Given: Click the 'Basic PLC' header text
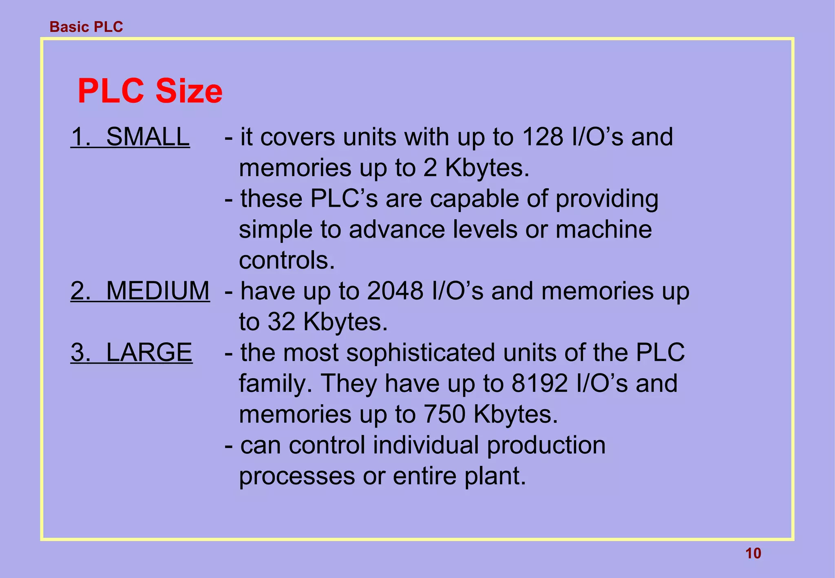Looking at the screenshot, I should click(86, 27).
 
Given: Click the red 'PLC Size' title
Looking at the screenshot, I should click(150, 91).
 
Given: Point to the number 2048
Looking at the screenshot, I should click(395, 291).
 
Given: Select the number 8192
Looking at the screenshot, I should click(540, 384).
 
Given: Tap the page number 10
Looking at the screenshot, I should click(753, 554).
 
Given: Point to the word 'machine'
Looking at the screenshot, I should click(603, 229).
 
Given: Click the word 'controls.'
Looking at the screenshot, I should click(287, 260).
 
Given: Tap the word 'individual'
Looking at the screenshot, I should click(426, 445).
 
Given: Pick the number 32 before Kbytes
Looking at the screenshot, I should click(281, 322).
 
